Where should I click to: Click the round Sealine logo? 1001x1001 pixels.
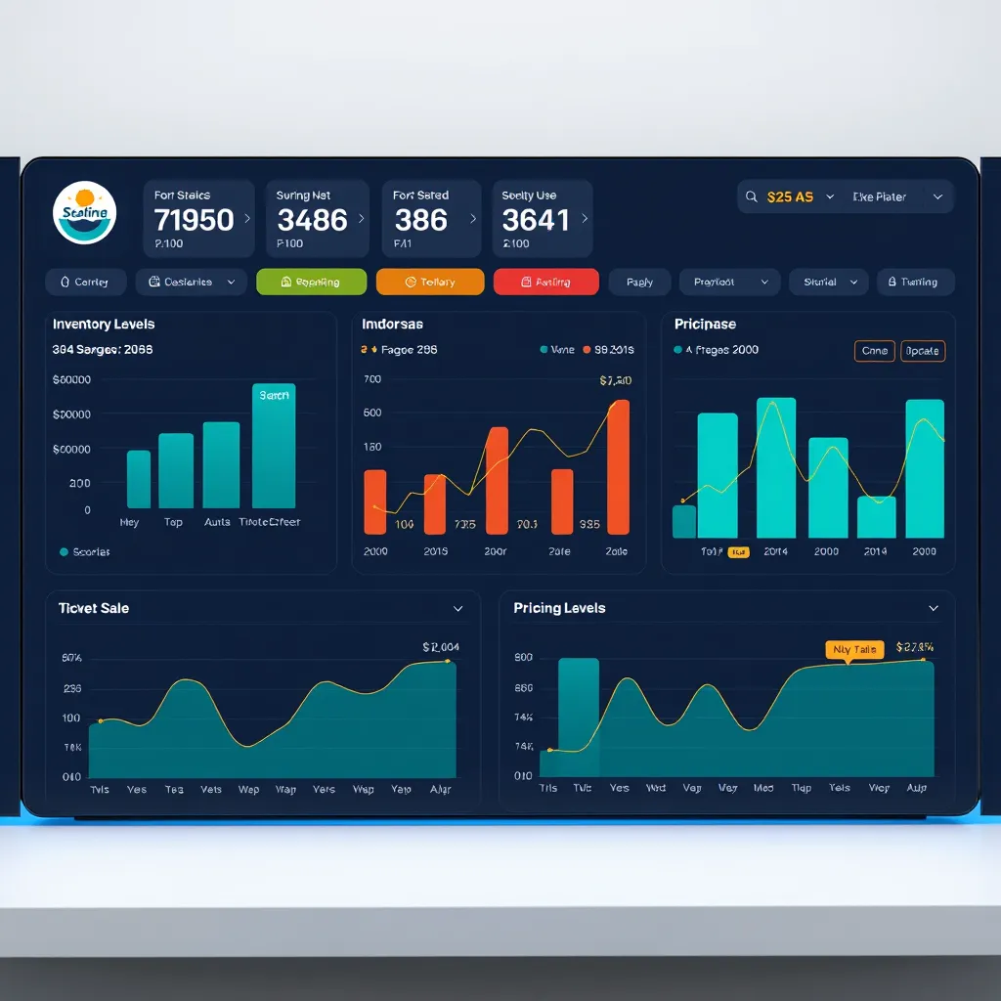(85, 213)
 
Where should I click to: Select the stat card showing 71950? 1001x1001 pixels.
(198, 219)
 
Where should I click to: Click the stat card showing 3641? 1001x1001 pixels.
(542, 219)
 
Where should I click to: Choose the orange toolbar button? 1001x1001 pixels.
(430, 282)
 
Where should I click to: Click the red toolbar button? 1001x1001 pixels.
(546, 282)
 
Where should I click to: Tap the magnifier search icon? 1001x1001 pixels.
(751, 196)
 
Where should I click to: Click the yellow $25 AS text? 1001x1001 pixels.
(790, 196)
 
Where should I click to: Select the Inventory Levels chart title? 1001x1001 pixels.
(104, 324)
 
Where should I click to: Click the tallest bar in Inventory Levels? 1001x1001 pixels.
(274, 446)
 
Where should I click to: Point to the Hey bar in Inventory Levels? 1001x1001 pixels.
(139, 479)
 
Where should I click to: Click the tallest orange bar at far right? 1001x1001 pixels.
(618, 467)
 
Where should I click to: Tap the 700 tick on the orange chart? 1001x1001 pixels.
(372, 379)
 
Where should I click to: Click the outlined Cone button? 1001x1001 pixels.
(874, 351)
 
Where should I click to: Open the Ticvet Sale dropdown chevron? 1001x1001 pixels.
(457, 608)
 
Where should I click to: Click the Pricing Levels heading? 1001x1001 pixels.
(559, 608)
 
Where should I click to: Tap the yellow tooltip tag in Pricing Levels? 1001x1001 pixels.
(853, 649)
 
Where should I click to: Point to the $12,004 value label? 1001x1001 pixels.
(441, 646)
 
